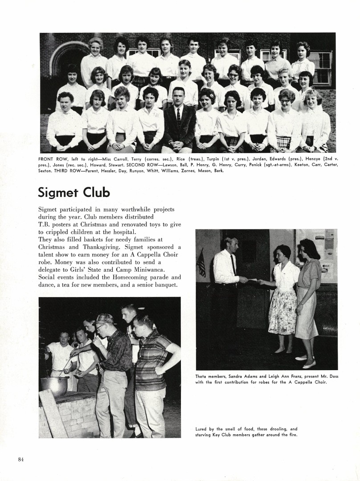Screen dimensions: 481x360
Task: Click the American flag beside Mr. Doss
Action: [201, 262]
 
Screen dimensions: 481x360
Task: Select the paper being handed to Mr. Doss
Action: [253, 280]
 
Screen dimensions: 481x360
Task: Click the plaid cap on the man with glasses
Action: [105, 318]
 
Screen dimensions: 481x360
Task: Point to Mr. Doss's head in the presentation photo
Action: [231, 244]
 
